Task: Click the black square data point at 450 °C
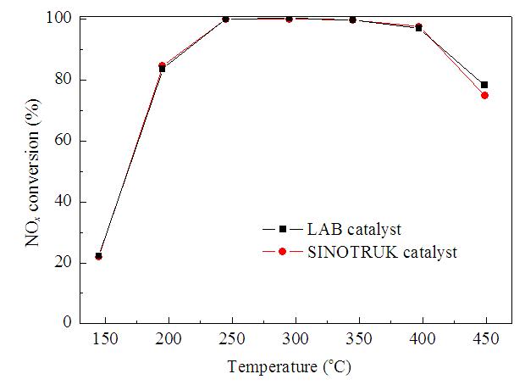pos(484,85)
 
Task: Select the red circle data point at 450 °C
pos(484,96)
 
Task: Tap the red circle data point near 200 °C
pos(162,65)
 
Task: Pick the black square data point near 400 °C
pos(418,29)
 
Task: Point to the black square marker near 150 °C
pos(98,256)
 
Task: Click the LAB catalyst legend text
pos(354,230)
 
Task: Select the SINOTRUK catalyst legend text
pos(382,252)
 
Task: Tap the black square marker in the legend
pos(283,230)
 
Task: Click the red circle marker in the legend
pos(282,251)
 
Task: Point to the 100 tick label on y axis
pos(58,18)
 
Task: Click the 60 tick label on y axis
pos(63,141)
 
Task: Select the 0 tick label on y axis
pos(67,322)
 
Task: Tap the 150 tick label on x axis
pos(105,338)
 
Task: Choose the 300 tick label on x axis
pos(296,338)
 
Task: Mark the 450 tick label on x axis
pos(486,338)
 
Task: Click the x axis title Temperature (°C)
pos(290,367)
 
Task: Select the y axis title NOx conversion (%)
pos(33,172)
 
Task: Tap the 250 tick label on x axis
pos(232,338)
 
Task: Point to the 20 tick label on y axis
pos(63,263)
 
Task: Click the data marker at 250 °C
pos(225,20)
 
